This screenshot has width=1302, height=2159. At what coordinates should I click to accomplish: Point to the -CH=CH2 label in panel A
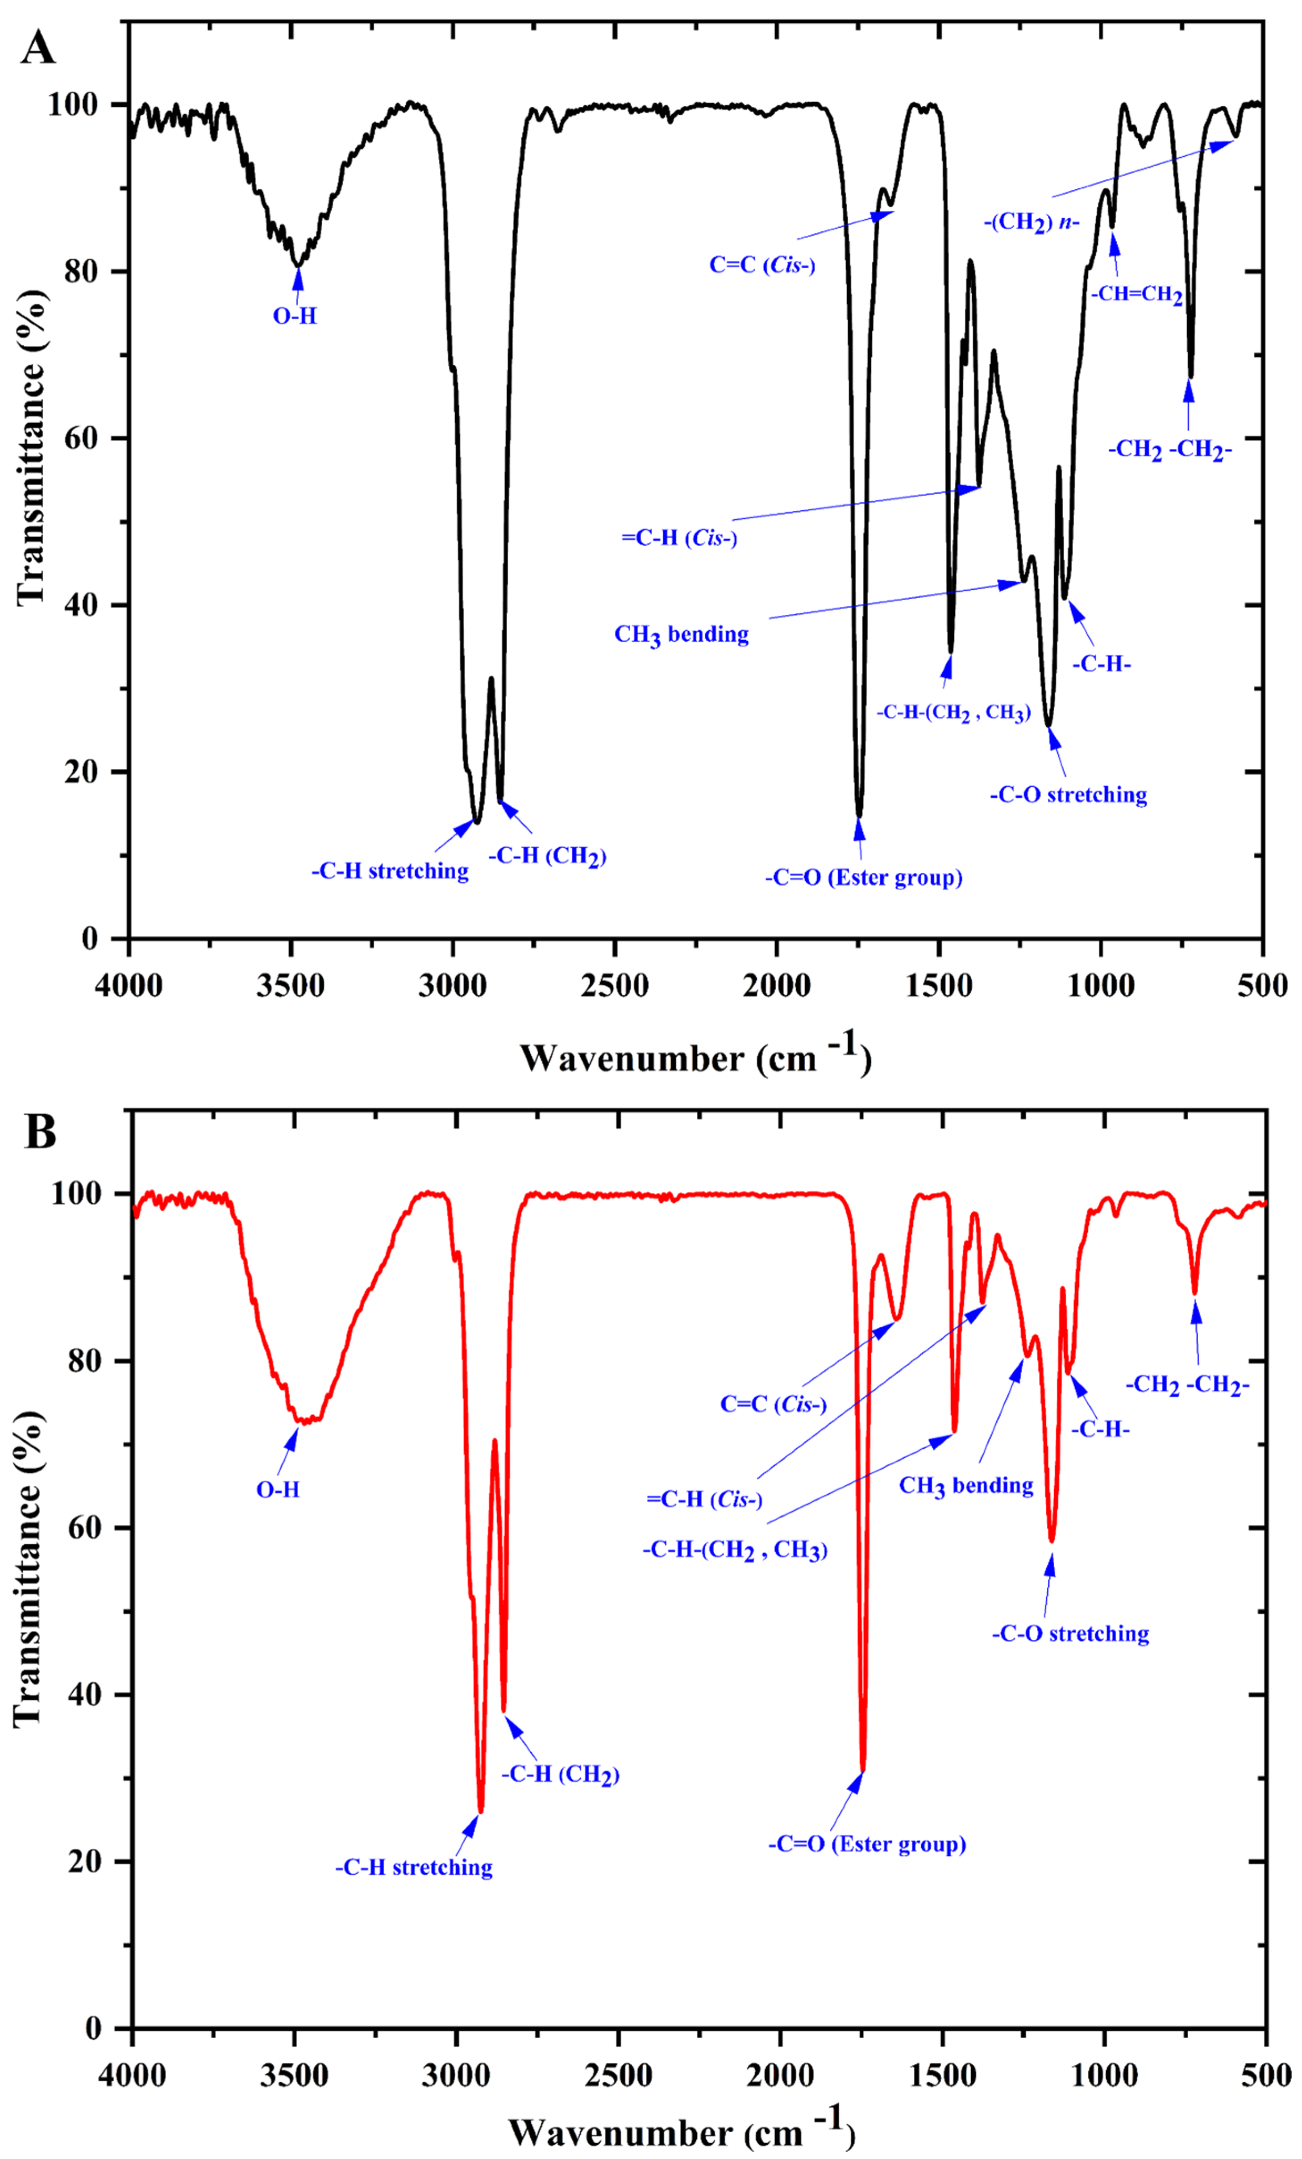(x=1136, y=294)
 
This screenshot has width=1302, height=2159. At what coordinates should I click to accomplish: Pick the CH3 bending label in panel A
(x=682, y=634)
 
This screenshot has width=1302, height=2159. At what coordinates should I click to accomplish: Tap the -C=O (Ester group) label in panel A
(x=863, y=877)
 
